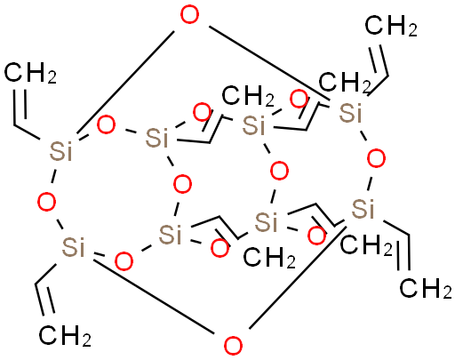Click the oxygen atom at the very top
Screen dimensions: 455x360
(x=189, y=15)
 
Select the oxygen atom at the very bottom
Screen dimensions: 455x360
(x=234, y=346)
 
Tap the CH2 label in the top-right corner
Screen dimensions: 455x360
(x=391, y=27)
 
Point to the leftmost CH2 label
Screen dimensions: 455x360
(x=30, y=73)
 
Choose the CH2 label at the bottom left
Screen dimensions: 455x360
(x=65, y=335)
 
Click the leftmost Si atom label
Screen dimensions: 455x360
(x=60, y=151)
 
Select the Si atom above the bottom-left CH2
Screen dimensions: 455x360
(x=73, y=246)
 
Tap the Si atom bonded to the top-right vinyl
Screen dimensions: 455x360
(x=350, y=113)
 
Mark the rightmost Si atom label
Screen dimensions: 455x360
(x=363, y=209)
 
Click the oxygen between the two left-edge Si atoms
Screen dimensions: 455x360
(x=47, y=202)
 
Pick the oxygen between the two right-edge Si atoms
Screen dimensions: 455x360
(x=376, y=158)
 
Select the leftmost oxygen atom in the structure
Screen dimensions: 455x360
(x=47, y=202)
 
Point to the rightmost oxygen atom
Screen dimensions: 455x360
(x=376, y=158)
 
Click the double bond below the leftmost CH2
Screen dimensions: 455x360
(x=20, y=104)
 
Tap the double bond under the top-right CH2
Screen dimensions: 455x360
(x=380, y=60)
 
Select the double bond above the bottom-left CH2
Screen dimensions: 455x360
(x=45, y=300)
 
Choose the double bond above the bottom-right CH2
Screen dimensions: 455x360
(x=403, y=252)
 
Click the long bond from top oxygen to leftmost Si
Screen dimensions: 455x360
(x=125, y=82)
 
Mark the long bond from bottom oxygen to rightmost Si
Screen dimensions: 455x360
(x=298, y=277)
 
